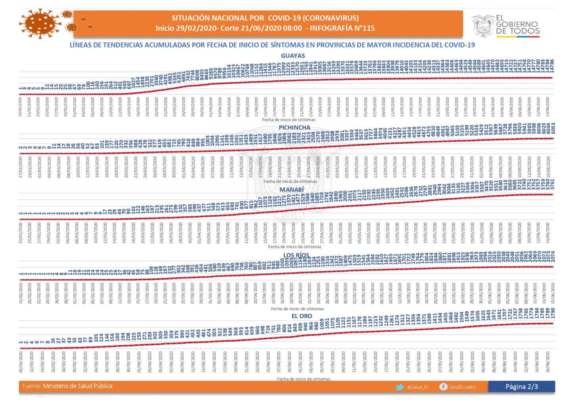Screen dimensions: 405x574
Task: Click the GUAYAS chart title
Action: click(x=293, y=56)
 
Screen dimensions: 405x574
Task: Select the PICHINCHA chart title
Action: click(x=295, y=127)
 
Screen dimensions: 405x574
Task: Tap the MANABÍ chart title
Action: click(x=292, y=190)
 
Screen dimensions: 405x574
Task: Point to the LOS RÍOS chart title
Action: click(x=296, y=255)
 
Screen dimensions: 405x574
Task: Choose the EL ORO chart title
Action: click(x=302, y=316)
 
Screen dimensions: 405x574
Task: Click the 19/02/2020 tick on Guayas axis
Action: click(x=21, y=106)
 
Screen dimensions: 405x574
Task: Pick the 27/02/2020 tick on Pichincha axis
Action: click(x=21, y=167)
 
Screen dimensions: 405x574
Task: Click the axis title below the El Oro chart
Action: click(x=304, y=379)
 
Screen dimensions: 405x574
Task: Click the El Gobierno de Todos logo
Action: click(x=506, y=26)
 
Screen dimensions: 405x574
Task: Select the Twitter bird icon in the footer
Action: click(x=399, y=387)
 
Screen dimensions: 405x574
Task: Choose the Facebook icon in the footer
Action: click(x=443, y=387)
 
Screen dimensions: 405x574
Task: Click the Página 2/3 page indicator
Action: click(x=521, y=387)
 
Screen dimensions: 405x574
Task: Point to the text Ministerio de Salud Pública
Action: click(x=78, y=386)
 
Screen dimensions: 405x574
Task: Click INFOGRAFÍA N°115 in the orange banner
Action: click(x=342, y=28)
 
